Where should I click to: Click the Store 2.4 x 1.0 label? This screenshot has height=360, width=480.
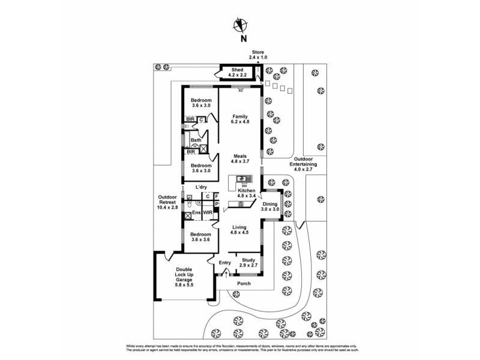[x=259, y=54]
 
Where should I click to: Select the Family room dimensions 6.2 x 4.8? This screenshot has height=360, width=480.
[x=240, y=122]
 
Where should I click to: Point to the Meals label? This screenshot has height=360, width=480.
[x=240, y=155]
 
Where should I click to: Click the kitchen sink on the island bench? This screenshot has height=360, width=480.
[x=244, y=178]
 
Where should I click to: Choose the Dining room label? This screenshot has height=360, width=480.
[x=269, y=204]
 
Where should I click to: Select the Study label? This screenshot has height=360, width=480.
[x=248, y=259]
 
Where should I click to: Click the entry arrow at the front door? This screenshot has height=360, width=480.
[x=226, y=274]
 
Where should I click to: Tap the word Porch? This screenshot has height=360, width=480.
[x=244, y=283]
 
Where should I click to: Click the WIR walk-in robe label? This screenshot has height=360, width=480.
[x=208, y=212]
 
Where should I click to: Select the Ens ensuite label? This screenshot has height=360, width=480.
[x=196, y=212]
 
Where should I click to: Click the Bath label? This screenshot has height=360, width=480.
[x=196, y=140]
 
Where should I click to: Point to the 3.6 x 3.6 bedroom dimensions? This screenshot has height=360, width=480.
[x=201, y=240]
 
